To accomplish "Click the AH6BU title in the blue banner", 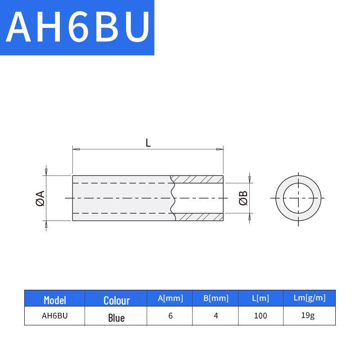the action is (x=78, y=27).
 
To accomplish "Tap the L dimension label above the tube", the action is (x=148, y=143).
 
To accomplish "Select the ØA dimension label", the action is (x=40, y=198).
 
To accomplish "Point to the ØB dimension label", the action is (x=243, y=198).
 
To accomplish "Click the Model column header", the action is (x=55, y=300).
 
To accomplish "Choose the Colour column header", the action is (x=117, y=301).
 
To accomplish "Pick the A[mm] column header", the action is (x=171, y=298).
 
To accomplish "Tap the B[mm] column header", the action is (x=216, y=298).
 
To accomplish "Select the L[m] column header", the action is (x=261, y=298).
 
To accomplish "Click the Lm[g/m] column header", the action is (x=310, y=298).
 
